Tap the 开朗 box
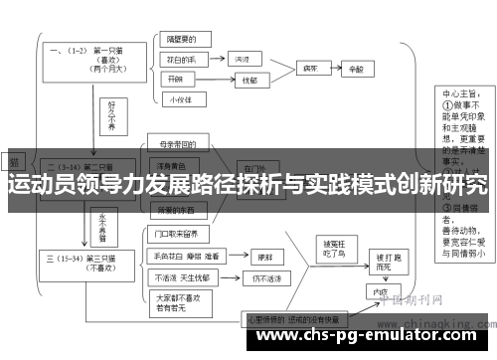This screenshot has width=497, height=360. coord(177,79)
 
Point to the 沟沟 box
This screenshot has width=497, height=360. coord(242,60)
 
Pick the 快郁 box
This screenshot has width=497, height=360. coord(248,80)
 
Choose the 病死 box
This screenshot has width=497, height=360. coord(309,71)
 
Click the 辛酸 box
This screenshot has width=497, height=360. coord(356,71)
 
